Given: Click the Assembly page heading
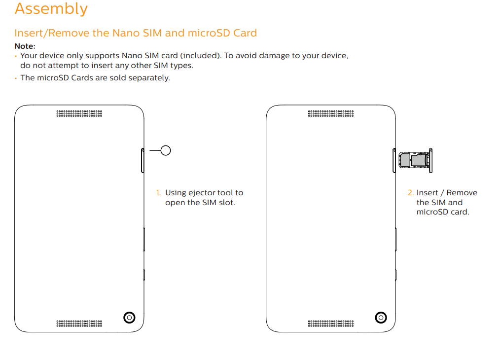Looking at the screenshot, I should point(51,9).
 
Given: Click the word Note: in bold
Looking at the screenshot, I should point(25,46).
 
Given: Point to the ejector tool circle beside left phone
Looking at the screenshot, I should point(166,150).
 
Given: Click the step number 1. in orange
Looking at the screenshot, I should point(158,193).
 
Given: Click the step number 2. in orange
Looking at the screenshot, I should point(410,193).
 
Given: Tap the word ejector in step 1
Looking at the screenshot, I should point(203,193).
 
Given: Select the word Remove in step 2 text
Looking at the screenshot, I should point(462,193).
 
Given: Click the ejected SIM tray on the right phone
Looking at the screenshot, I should point(415,160).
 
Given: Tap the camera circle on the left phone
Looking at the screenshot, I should point(129,318).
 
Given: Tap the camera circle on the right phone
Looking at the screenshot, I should point(381,318).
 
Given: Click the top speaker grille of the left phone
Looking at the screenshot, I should point(79,113).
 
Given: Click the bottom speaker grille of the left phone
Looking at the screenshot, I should point(79,324).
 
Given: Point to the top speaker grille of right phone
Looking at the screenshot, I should point(331,113).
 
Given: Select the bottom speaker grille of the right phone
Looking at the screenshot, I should point(331,324).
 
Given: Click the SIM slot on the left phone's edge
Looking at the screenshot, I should point(143,160).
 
